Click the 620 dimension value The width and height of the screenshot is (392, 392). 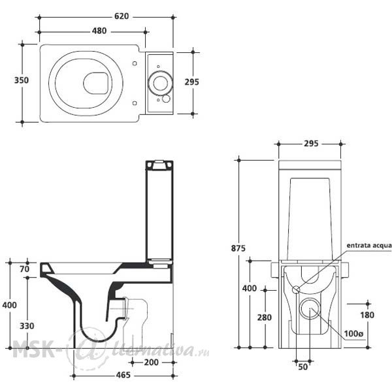(x=122, y=16)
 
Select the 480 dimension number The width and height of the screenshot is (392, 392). (x=99, y=31)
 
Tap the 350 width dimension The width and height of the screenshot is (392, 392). (x=22, y=80)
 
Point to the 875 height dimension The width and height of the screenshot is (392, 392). (x=238, y=248)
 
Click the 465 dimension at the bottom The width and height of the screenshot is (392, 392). (x=123, y=375)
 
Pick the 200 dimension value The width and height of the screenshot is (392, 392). (x=152, y=362)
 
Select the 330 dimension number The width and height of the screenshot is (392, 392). (x=27, y=326)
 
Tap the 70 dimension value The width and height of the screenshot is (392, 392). (x=25, y=269)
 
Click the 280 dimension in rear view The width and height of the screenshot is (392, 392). (x=265, y=318)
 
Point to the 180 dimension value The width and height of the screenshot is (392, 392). (x=367, y=315)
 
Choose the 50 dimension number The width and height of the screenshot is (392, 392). (x=303, y=367)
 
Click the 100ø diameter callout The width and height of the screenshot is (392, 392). (x=353, y=333)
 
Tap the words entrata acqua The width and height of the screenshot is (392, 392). (x=369, y=246)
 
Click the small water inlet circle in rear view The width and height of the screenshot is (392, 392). (x=296, y=289)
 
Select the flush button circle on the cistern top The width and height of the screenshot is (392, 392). (x=160, y=83)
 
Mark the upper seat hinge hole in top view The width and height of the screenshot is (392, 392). (x=135, y=63)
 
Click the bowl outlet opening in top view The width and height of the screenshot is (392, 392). (x=95, y=84)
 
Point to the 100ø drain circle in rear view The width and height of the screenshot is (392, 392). (x=310, y=308)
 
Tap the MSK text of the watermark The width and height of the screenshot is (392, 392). (x=33, y=348)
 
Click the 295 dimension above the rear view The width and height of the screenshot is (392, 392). (x=311, y=144)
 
